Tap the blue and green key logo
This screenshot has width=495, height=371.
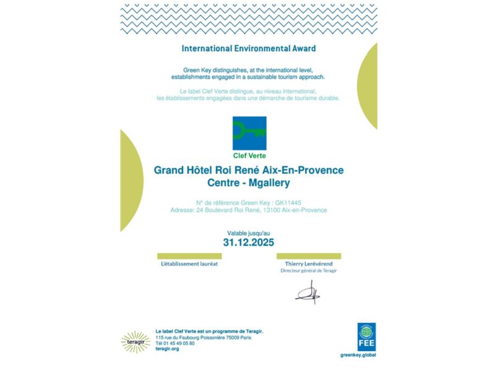249,133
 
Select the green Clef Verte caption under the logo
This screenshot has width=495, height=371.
249,156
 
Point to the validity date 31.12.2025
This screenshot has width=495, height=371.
248,243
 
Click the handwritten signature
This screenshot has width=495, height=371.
308,291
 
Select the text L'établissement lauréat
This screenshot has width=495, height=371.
189,263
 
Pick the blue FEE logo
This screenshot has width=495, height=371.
366,337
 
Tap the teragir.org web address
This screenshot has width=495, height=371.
167,349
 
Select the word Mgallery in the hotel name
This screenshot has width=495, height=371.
268,183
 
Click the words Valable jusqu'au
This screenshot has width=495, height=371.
248,233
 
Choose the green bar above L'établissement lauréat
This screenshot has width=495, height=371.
189,255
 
